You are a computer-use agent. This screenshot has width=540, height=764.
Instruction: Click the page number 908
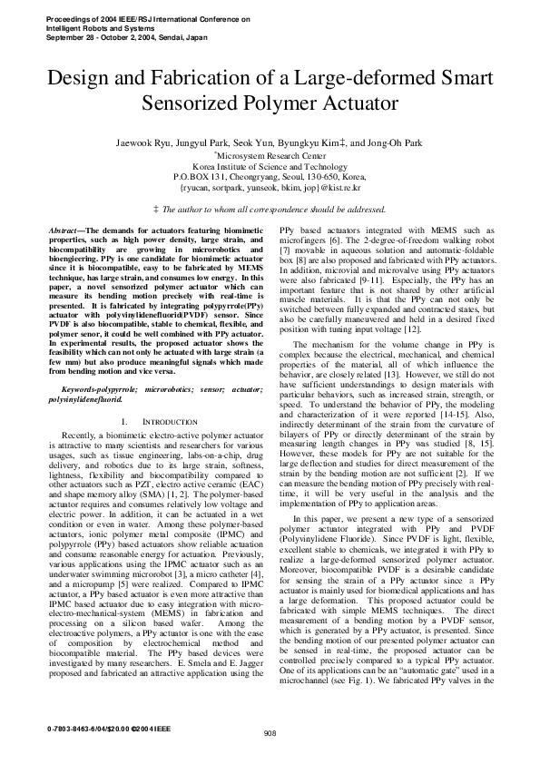(x=270, y=733)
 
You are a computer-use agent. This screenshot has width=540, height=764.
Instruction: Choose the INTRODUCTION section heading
(x=162, y=423)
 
